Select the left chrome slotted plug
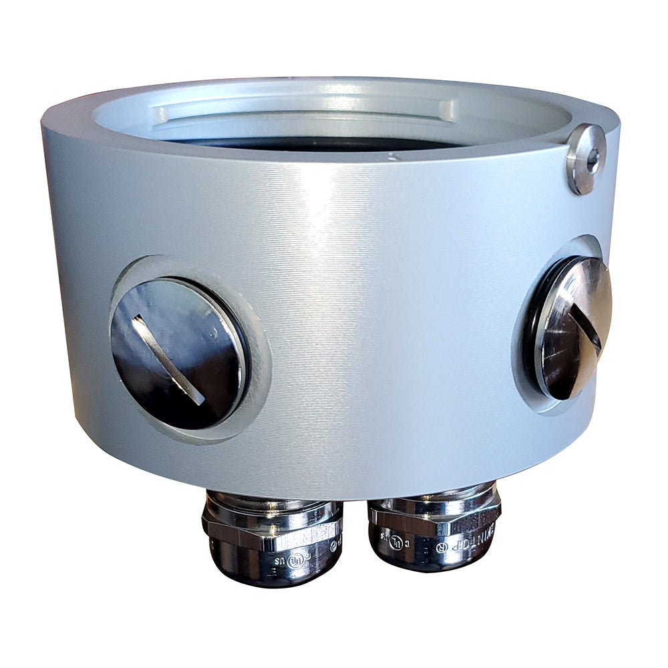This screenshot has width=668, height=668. point(179,353)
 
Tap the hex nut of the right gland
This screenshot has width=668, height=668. point(434,518)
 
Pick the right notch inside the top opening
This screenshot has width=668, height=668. point(446,110)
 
